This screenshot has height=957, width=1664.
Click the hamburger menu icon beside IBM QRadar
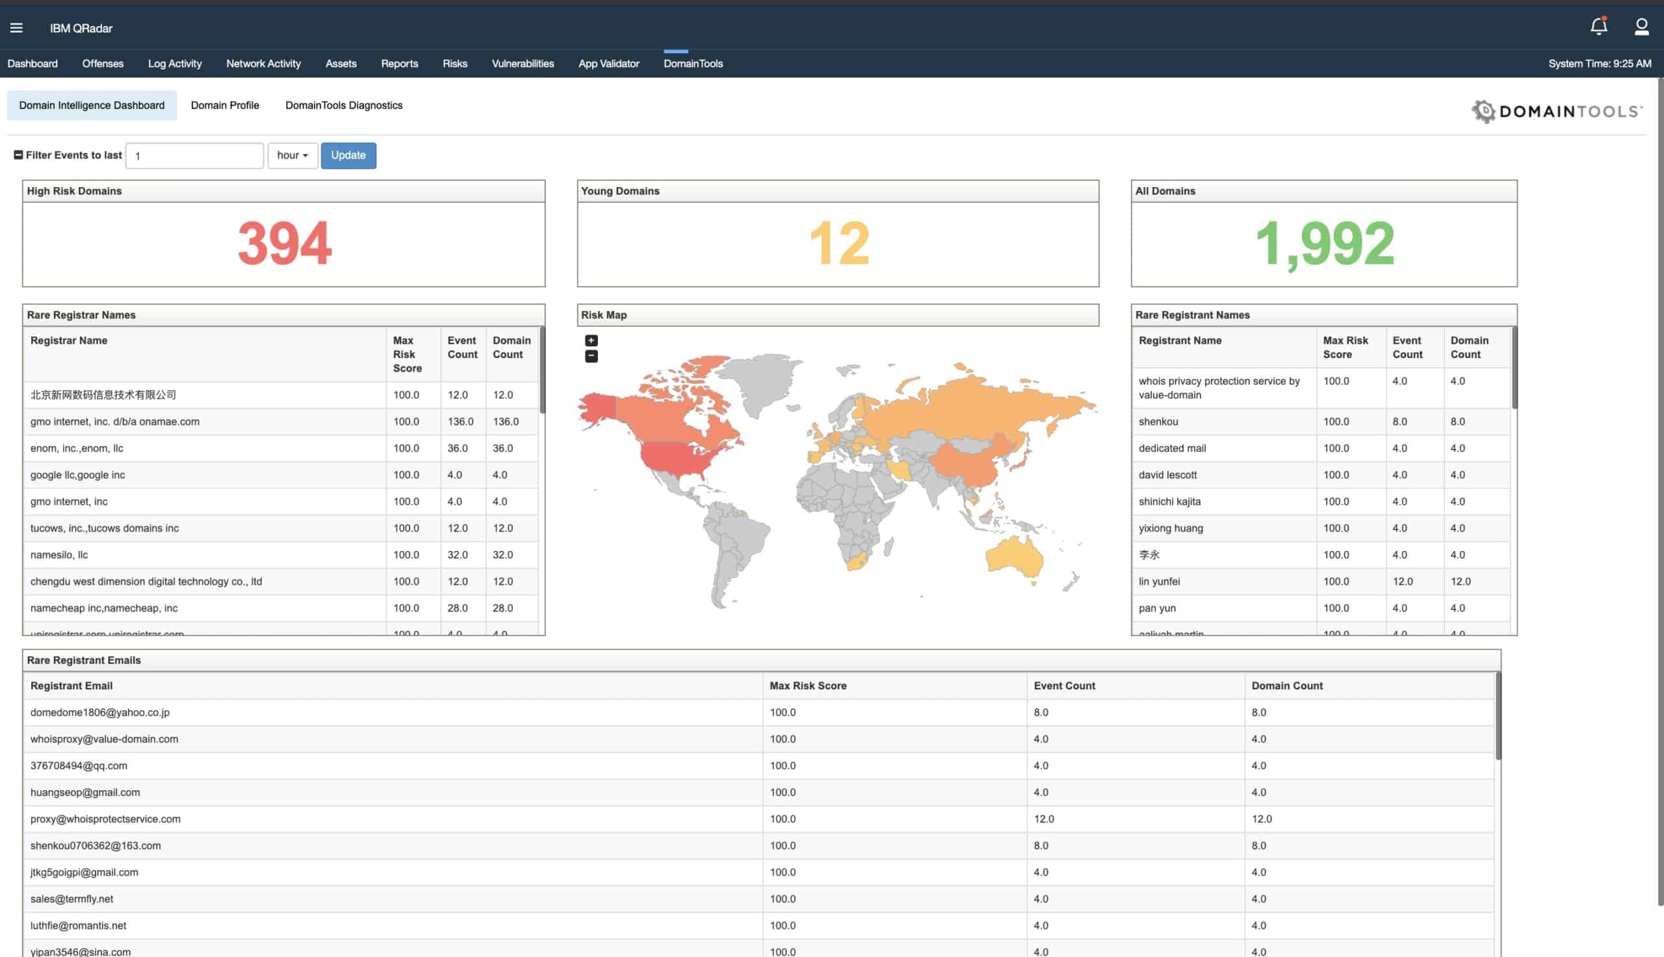click(x=16, y=27)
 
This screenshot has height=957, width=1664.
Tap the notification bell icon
click(x=1598, y=26)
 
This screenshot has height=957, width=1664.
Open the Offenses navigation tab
click(x=103, y=64)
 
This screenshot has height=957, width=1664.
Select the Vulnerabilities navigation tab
click(x=523, y=64)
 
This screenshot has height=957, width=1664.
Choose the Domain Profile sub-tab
click(x=225, y=105)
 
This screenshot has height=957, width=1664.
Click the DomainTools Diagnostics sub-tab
click(x=344, y=105)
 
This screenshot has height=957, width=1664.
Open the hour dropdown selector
click(x=292, y=155)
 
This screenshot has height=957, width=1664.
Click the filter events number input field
click(x=194, y=156)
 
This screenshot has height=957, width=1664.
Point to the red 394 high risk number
click(x=285, y=243)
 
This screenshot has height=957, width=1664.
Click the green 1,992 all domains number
click(x=1324, y=243)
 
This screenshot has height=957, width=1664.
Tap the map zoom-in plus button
click(x=591, y=340)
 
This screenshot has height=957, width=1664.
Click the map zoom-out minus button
click(x=591, y=356)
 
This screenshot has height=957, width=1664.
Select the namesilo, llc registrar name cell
click(x=59, y=555)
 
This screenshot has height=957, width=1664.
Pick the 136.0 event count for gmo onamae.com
click(x=461, y=421)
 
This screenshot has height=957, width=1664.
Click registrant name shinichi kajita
click(x=1169, y=502)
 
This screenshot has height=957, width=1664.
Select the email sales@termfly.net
click(x=71, y=899)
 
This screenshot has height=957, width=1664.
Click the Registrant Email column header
click(x=71, y=685)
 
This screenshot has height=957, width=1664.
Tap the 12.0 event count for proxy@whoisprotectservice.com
click(x=1043, y=819)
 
